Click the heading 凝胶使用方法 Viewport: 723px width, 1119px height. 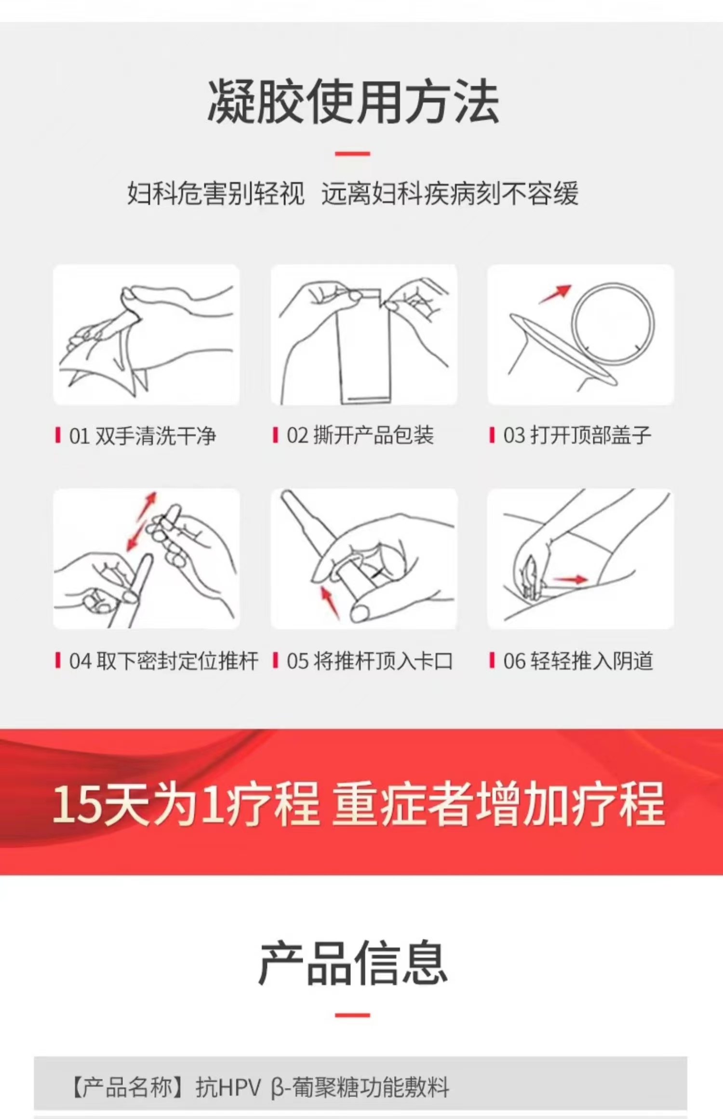pos(353,102)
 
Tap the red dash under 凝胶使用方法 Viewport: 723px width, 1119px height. pos(352,154)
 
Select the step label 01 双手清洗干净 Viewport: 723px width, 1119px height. pos(143,436)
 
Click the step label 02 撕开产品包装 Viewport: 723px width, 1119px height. pos(360,435)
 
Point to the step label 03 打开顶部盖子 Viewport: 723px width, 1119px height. pos(577,435)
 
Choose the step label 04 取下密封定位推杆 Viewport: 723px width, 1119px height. pos(164,661)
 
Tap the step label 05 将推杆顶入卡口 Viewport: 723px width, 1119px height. pos(370,661)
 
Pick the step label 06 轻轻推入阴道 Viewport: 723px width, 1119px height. pos(578,661)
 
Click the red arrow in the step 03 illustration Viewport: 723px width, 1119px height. pos(555,294)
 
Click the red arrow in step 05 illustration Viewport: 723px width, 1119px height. pos(330,601)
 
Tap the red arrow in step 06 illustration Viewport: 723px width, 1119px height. pos(571,580)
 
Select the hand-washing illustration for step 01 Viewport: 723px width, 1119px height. pos(146,335)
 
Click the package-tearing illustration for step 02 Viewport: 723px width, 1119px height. pos(364,335)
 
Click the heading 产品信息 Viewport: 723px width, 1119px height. pos(353,963)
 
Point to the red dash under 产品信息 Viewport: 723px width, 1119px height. pos(352,1015)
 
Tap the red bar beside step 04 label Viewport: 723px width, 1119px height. pos(58,661)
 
